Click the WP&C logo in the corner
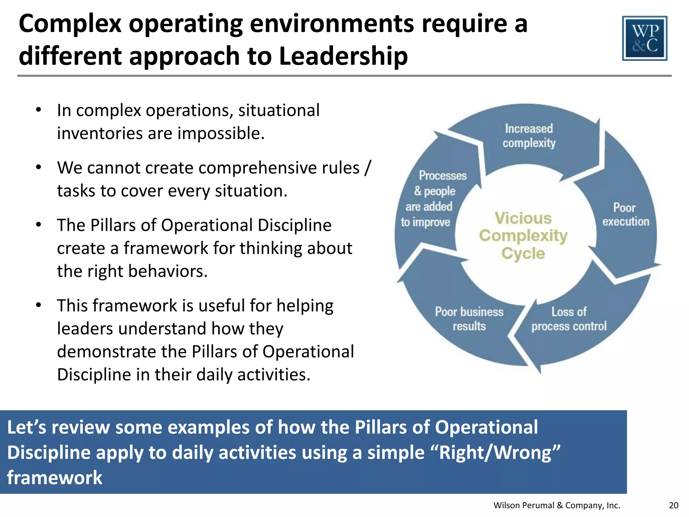pyautogui.click(x=645, y=38)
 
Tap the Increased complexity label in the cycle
pyautogui.click(x=529, y=136)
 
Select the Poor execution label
pyautogui.click(x=625, y=214)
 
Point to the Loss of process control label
pyautogui.click(x=569, y=319)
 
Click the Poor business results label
pyautogui.click(x=469, y=319)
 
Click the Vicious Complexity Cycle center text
pyautogui.click(x=523, y=236)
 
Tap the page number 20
pyautogui.click(x=674, y=505)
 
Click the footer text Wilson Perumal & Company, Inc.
pyautogui.click(x=556, y=505)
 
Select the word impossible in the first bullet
pyautogui.click(x=221, y=133)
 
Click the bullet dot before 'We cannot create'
pyautogui.click(x=39, y=167)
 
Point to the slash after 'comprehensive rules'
pyautogui.click(x=368, y=167)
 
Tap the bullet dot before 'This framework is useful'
pyautogui.click(x=39, y=305)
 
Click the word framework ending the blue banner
pyautogui.click(x=55, y=478)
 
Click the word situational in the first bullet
pyautogui.click(x=279, y=110)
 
